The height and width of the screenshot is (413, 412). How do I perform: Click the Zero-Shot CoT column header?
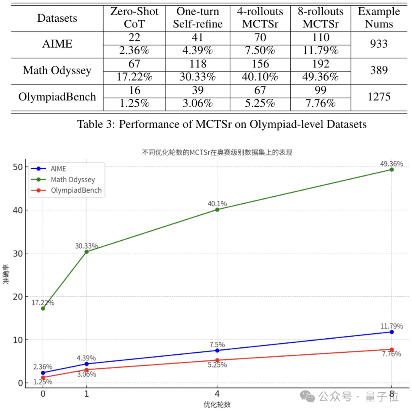point(134,18)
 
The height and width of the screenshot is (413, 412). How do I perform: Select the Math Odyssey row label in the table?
point(57,70)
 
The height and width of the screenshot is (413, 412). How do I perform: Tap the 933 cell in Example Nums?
point(378,44)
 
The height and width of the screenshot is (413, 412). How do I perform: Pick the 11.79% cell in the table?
point(320,51)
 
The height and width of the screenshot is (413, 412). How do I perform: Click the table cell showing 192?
point(320,64)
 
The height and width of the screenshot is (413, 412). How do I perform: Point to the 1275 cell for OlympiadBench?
point(378,96)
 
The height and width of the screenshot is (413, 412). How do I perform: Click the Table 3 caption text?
point(222,124)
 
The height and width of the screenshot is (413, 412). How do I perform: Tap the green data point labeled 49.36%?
point(392,169)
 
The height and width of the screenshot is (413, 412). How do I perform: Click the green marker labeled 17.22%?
point(43,308)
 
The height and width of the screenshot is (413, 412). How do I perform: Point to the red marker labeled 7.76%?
point(392,349)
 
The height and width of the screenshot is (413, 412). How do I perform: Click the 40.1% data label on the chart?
point(217,204)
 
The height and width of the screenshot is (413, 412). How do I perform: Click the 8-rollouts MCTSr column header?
point(320,18)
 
